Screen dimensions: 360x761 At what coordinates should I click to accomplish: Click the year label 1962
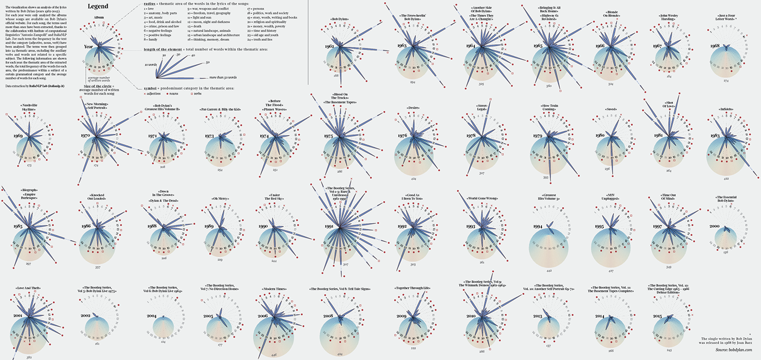pos(329,47)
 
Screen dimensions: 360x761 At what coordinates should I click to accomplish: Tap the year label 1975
pos(328,135)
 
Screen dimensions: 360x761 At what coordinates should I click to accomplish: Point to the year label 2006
pos(263,316)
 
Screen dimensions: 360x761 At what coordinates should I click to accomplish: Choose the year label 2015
pos(656,316)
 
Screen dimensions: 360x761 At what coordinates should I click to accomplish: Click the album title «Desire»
pos(413,108)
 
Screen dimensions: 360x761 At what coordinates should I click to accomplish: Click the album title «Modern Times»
pos(275,289)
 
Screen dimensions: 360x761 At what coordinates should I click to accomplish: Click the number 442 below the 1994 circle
pos(549,270)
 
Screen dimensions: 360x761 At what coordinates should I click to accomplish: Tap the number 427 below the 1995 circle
pos(611,270)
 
